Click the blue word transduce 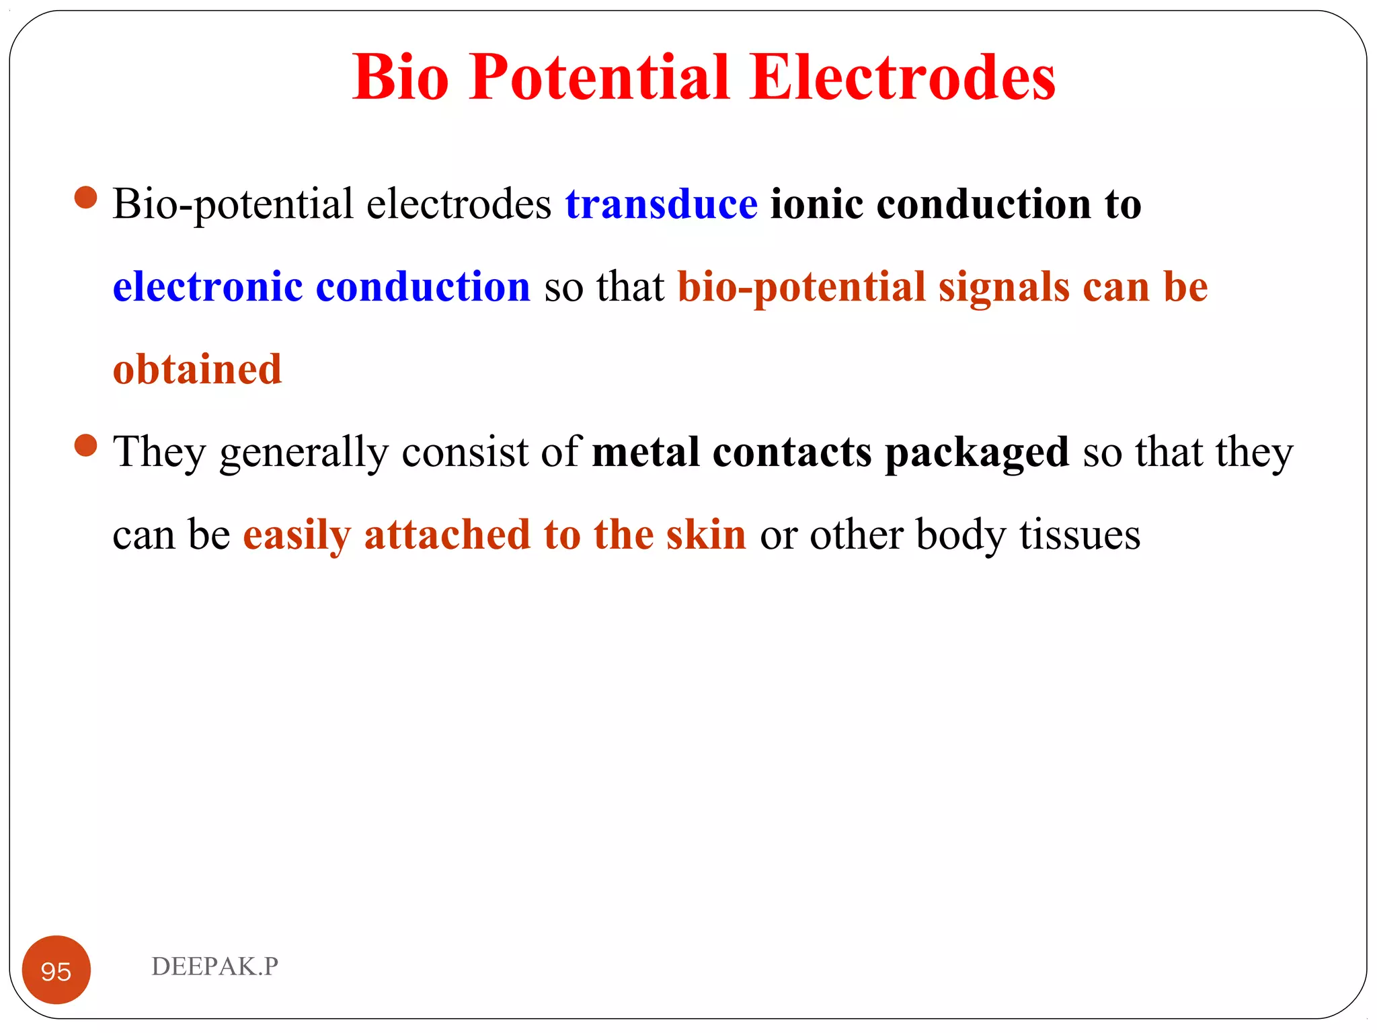point(661,204)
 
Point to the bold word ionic point(816,204)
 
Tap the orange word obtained point(197,370)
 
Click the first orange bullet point point(86,198)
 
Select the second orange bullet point point(86,445)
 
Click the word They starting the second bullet point(159,452)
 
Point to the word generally point(304,452)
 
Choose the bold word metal point(645,452)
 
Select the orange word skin point(705,535)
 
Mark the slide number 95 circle point(56,970)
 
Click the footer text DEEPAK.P point(214,966)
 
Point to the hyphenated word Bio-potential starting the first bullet point(233,205)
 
